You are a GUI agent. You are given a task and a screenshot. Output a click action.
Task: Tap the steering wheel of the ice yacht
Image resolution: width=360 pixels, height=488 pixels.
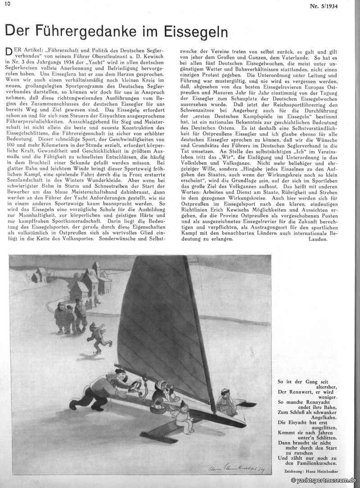[x=136, y=386]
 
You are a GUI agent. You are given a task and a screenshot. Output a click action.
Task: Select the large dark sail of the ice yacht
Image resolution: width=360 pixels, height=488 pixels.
[x=162, y=324]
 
